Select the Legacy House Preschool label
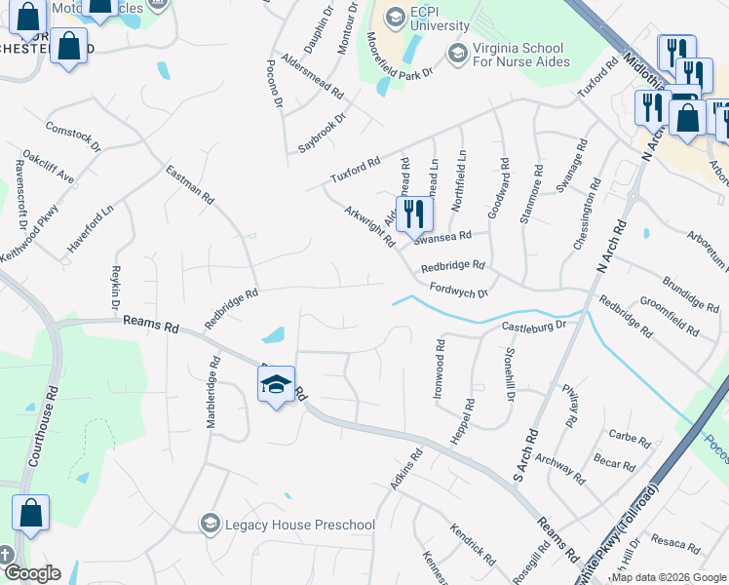coord(299,526)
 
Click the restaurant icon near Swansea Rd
coord(414,214)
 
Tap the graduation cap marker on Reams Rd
coord(277,385)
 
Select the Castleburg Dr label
coord(534,325)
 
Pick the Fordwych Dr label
coord(459,291)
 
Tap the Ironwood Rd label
coord(440,370)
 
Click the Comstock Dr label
coord(73,137)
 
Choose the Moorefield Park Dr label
coord(400,58)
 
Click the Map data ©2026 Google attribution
coord(669,577)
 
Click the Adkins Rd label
coord(406,467)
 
